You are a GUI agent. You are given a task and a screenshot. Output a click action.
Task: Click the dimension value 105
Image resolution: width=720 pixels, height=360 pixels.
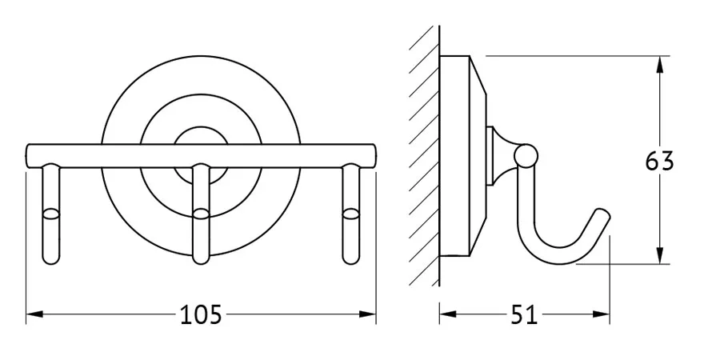(x=201, y=314)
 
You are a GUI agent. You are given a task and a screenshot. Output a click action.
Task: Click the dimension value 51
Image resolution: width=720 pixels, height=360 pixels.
(x=524, y=314)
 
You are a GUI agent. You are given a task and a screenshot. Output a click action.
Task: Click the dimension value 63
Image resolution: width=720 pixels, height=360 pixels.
(x=659, y=161)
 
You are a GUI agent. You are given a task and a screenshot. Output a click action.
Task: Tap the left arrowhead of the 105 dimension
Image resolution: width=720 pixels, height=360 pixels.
(x=34, y=314)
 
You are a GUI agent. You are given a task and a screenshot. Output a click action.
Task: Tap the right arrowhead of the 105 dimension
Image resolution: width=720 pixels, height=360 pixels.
(x=367, y=314)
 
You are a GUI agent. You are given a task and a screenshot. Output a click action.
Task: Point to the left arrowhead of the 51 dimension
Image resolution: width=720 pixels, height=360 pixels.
(x=448, y=314)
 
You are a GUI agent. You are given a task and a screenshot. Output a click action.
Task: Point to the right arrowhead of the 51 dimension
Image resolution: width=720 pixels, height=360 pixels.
(x=601, y=314)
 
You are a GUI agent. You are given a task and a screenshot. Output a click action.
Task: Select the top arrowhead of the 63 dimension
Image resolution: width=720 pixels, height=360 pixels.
(x=660, y=64)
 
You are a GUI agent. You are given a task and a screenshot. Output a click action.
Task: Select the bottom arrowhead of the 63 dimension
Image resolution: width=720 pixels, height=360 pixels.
(x=660, y=256)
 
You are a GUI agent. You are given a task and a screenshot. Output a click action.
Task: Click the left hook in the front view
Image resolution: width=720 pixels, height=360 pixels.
(x=51, y=214)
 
